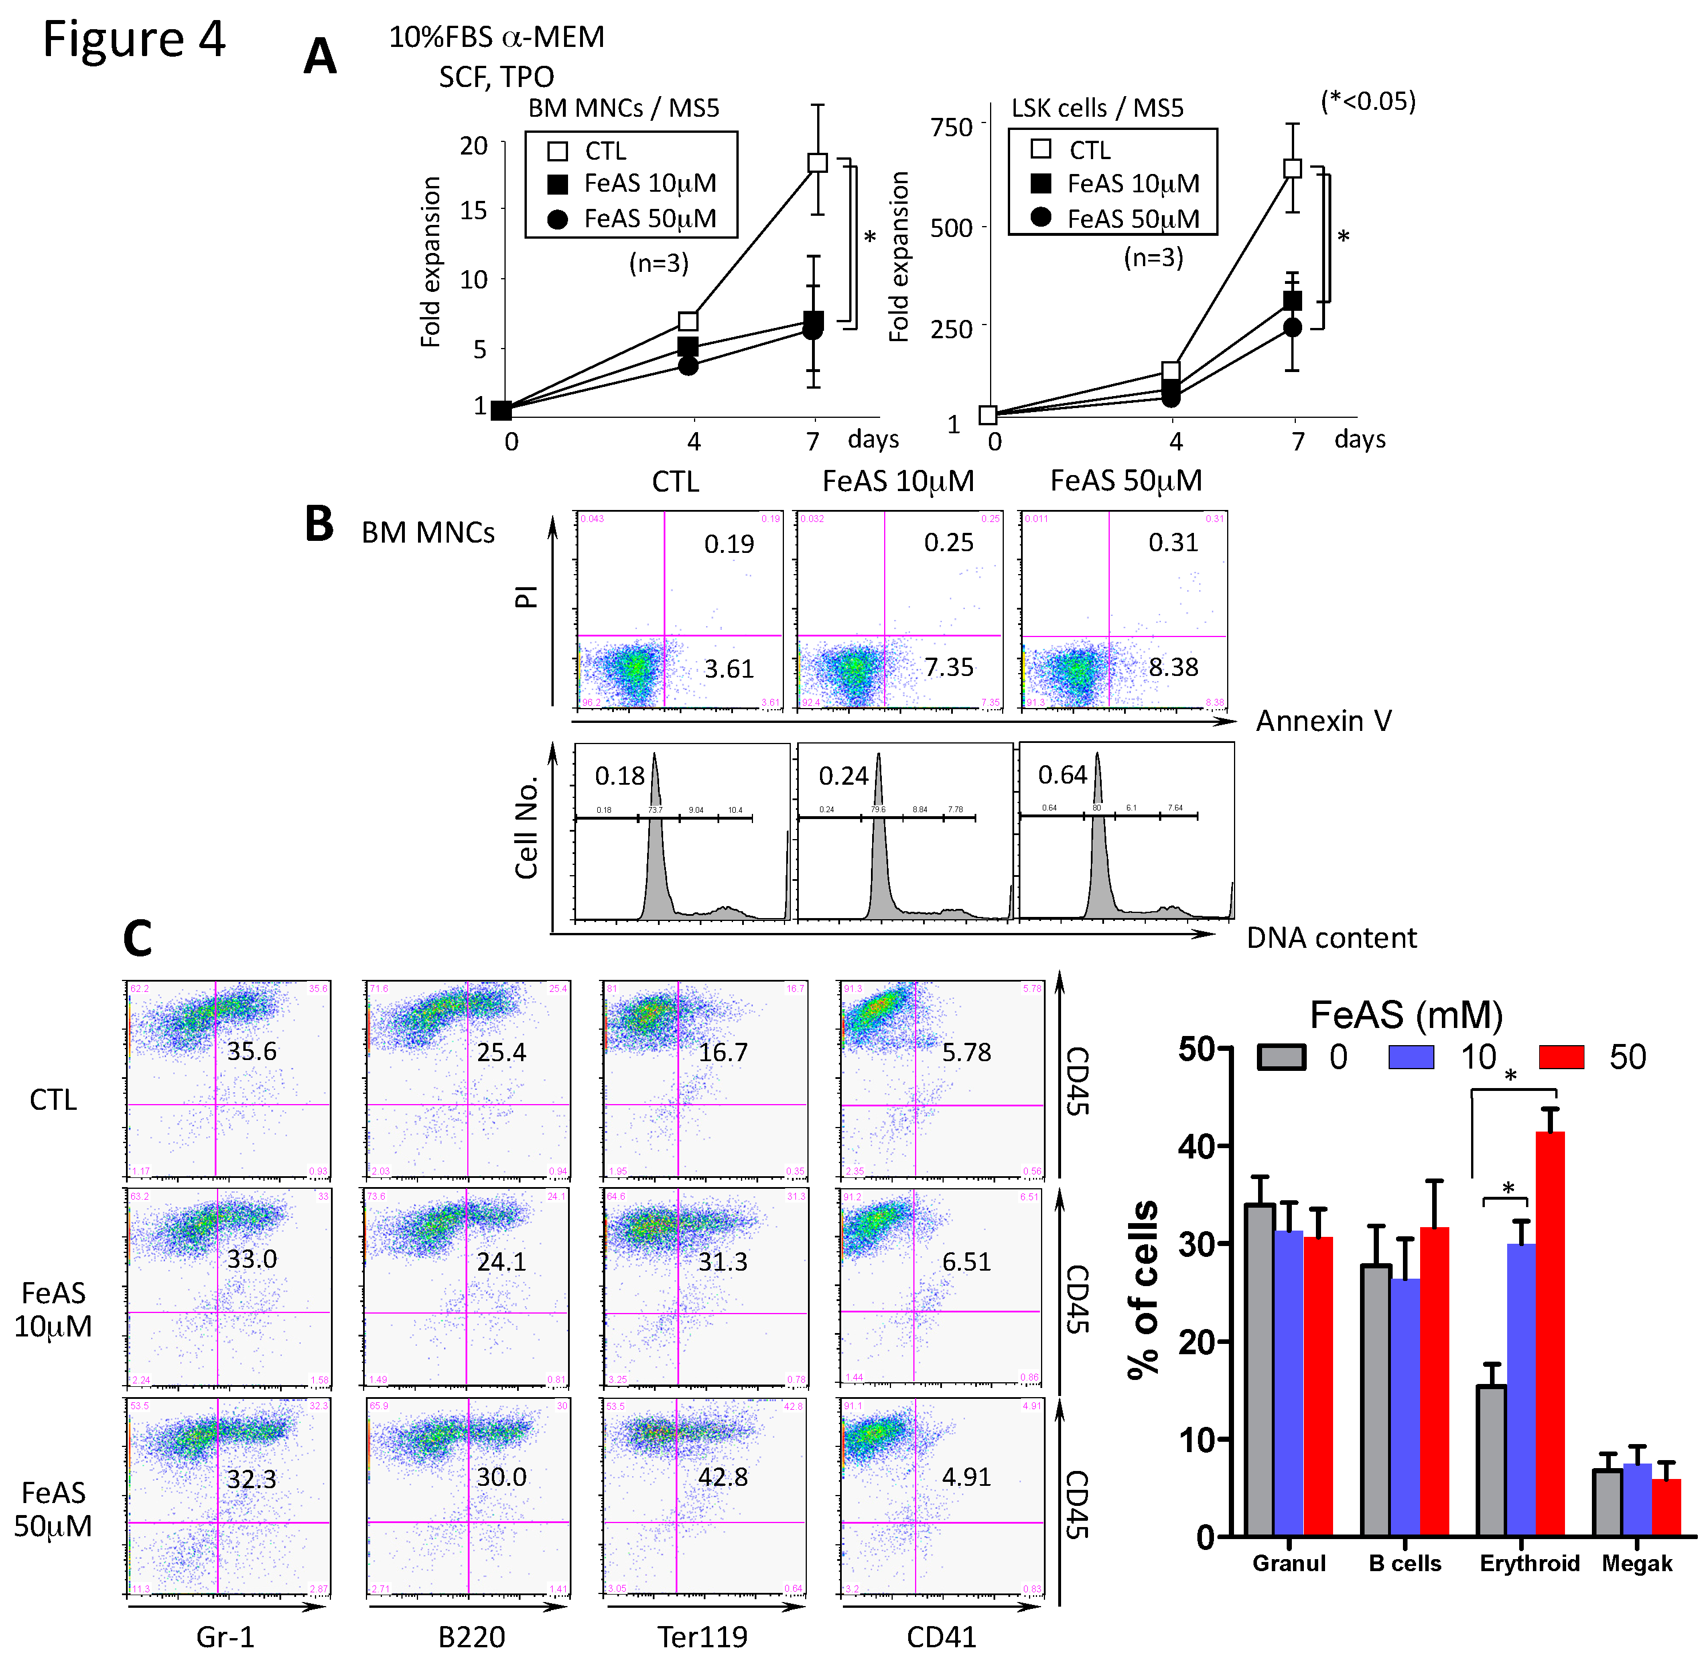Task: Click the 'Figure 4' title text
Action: (133, 39)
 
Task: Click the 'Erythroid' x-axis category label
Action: (1529, 1563)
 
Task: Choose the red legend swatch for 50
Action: (1561, 1057)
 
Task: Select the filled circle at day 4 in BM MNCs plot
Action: (688, 366)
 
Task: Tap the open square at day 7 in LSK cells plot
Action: (1292, 168)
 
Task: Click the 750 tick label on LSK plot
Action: (951, 128)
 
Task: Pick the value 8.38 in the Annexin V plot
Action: (1173, 667)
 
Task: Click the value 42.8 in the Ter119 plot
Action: (723, 1477)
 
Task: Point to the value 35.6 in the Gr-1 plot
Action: (251, 1051)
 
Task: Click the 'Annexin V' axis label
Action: (1323, 721)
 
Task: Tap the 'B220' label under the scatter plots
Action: (471, 1636)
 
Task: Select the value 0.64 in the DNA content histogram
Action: (1062, 774)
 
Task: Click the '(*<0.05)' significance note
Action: (1367, 101)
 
